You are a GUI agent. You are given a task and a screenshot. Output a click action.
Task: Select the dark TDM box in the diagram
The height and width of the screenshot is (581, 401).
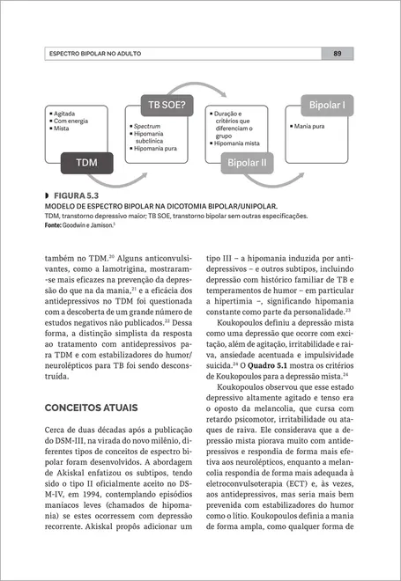coord(87,163)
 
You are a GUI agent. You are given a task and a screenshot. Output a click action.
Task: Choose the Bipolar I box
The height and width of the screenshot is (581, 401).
coord(326,106)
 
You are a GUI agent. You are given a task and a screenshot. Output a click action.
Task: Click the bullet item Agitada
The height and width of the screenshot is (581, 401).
coord(69,114)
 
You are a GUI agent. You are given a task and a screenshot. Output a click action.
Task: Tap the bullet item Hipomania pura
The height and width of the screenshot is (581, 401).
coord(157,150)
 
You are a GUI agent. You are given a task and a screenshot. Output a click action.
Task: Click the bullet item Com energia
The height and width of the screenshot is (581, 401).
coord(74,121)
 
